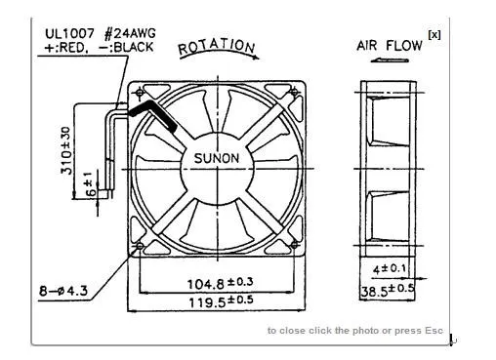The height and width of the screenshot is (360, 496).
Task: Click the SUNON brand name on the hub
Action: click(x=217, y=158)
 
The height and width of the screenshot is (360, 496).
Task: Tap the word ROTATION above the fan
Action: click(x=217, y=47)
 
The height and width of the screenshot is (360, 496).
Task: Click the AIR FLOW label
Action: click(x=390, y=46)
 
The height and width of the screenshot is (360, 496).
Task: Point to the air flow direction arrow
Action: click(x=390, y=60)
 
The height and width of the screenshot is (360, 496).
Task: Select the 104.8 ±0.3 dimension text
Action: click(x=220, y=283)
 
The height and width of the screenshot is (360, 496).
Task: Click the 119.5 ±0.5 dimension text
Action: click(x=221, y=301)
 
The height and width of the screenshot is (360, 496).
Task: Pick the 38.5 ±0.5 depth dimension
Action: click(x=388, y=291)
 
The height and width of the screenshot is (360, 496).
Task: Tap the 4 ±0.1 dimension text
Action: click(x=390, y=269)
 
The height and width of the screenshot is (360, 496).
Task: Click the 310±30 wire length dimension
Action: click(x=65, y=150)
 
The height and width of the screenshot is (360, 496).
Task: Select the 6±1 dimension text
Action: click(x=91, y=184)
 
